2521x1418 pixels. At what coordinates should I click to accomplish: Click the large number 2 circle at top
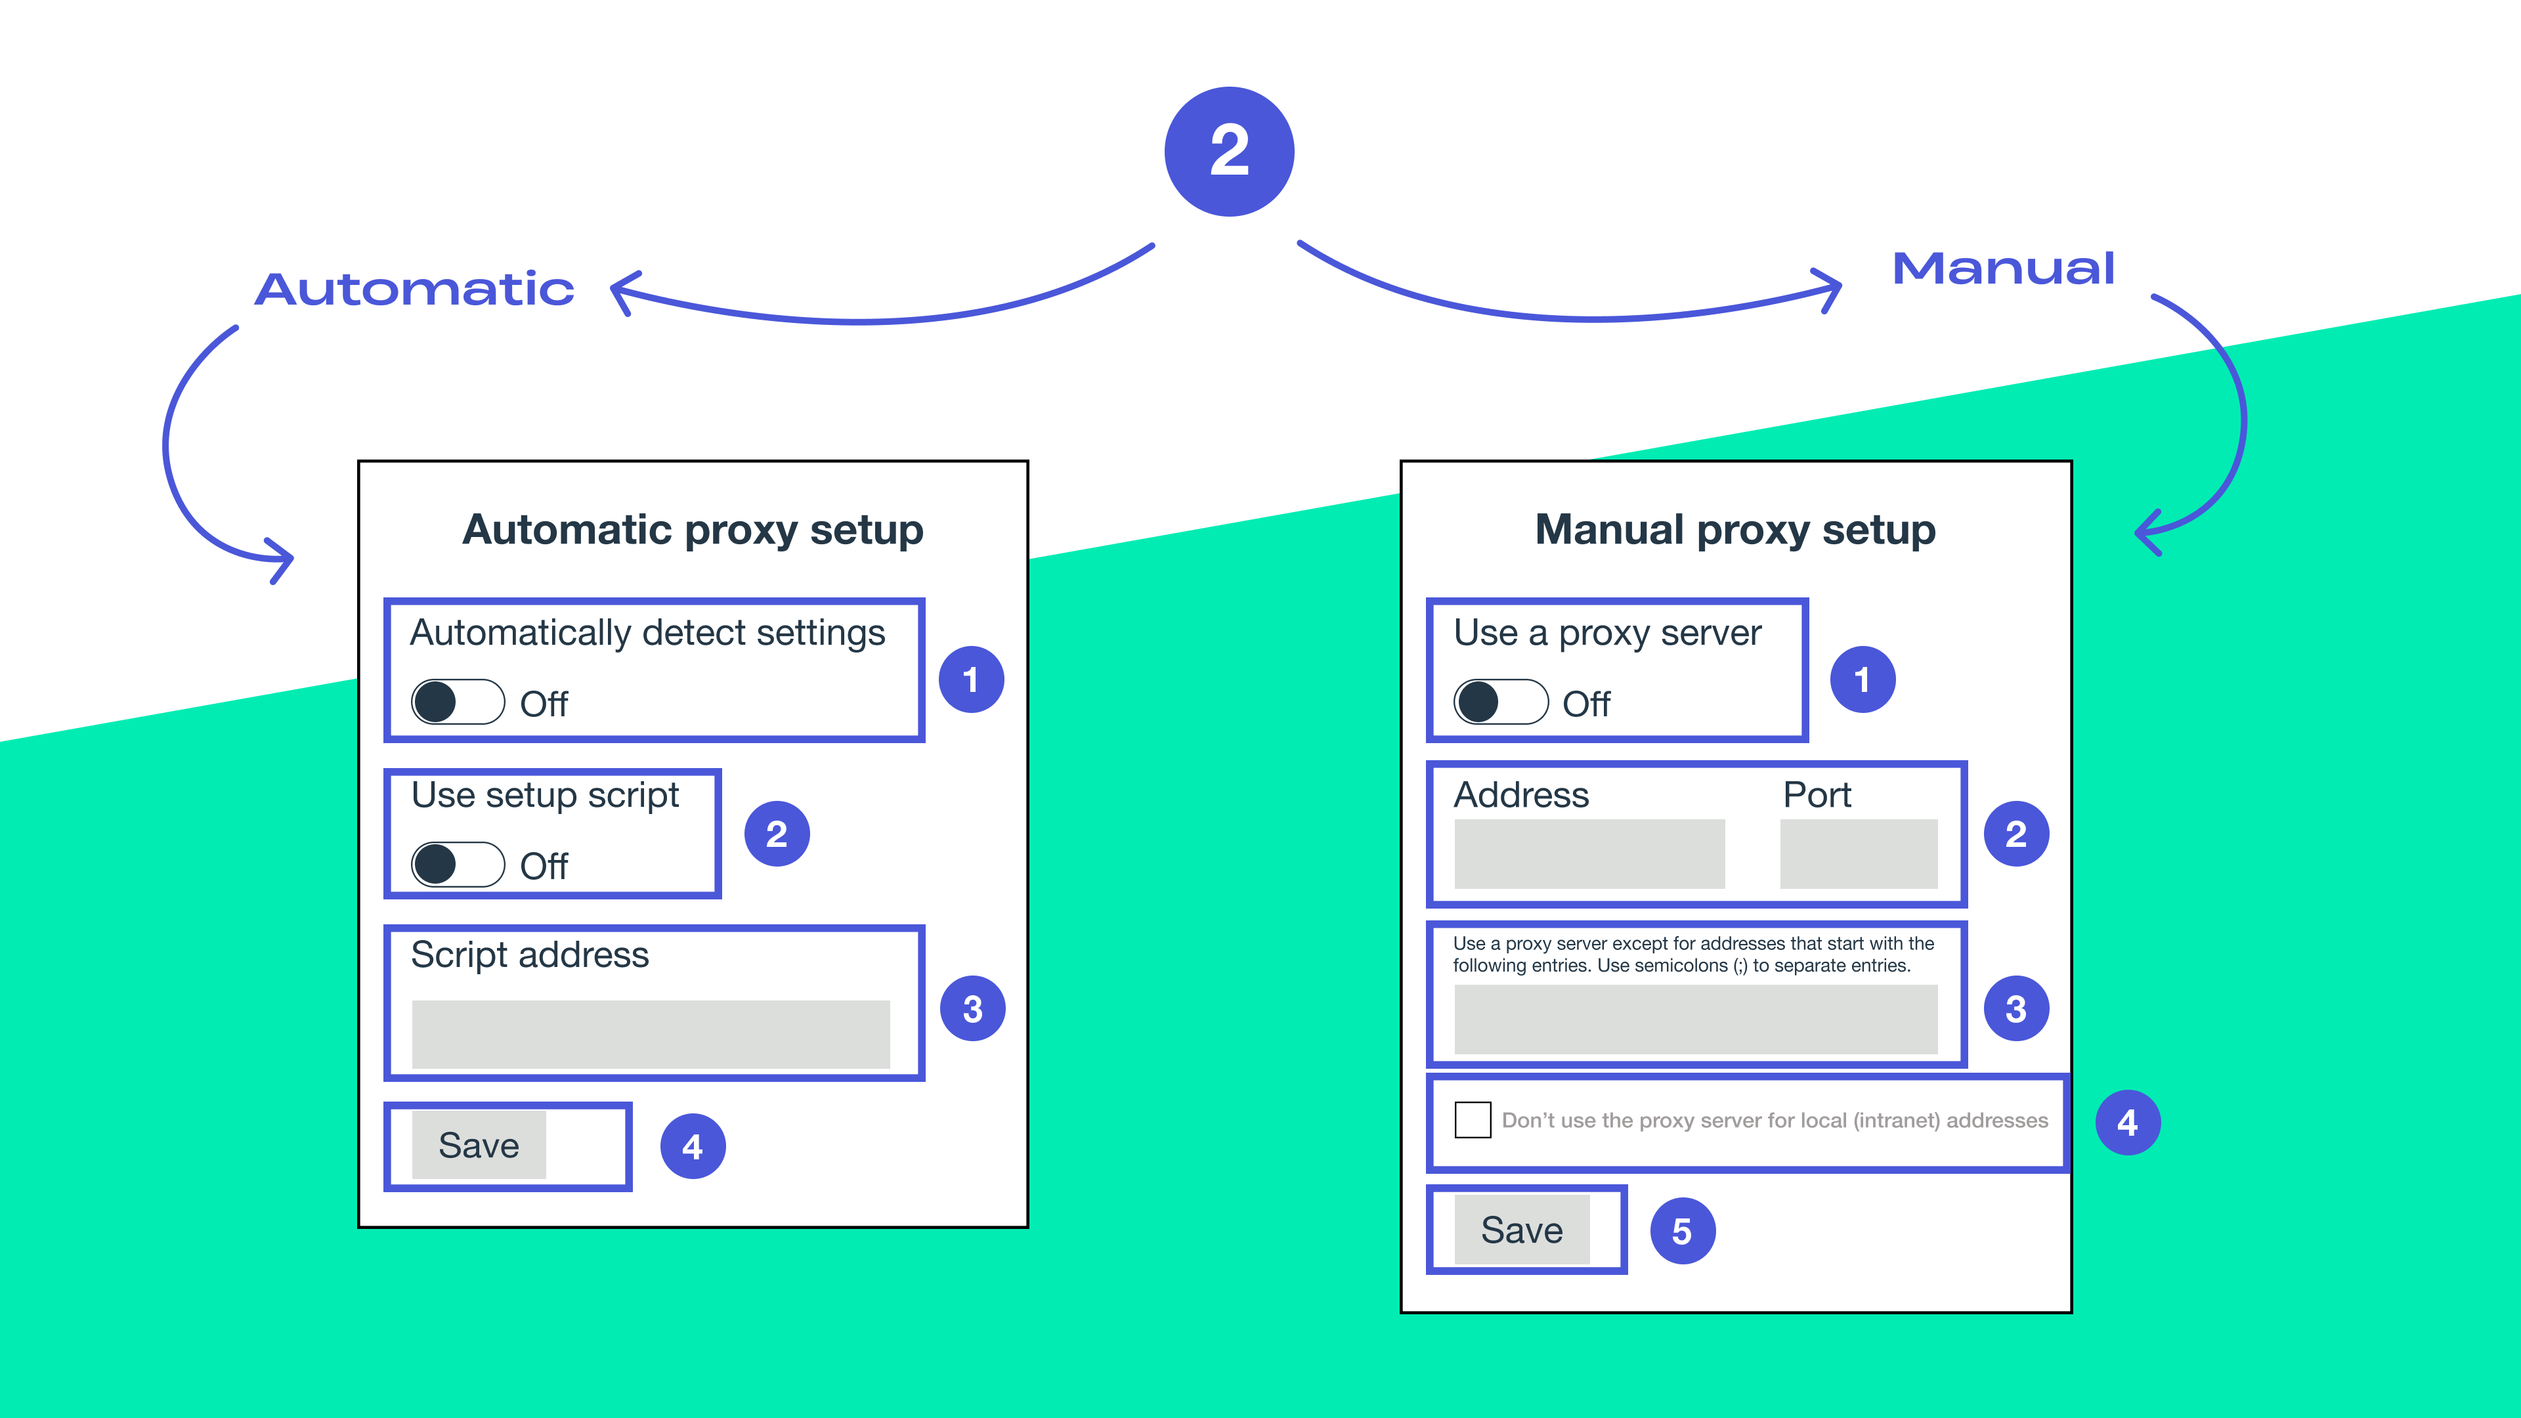pos(1229,152)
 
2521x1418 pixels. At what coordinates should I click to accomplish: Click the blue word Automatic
pos(414,290)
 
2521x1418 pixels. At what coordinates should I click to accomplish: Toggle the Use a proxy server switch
pos(1500,702)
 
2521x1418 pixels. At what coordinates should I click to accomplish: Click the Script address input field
pos(651,1033)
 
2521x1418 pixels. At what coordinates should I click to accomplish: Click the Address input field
pos(1589,853)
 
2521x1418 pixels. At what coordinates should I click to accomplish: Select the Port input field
pos(1857,853)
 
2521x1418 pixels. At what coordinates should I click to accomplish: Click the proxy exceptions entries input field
pos(1695,1019)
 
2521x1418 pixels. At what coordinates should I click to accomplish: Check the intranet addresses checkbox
pos(1472,1119)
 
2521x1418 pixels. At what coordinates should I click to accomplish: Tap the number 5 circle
pos(1682,1231)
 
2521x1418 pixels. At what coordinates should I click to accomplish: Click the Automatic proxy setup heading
pos(693,529)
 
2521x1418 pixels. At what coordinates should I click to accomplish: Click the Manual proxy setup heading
pos(1735,529)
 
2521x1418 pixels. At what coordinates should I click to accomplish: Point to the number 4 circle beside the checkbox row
pos(2128,1123)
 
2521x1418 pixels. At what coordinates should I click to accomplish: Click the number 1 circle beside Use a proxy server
pos(1863,679)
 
